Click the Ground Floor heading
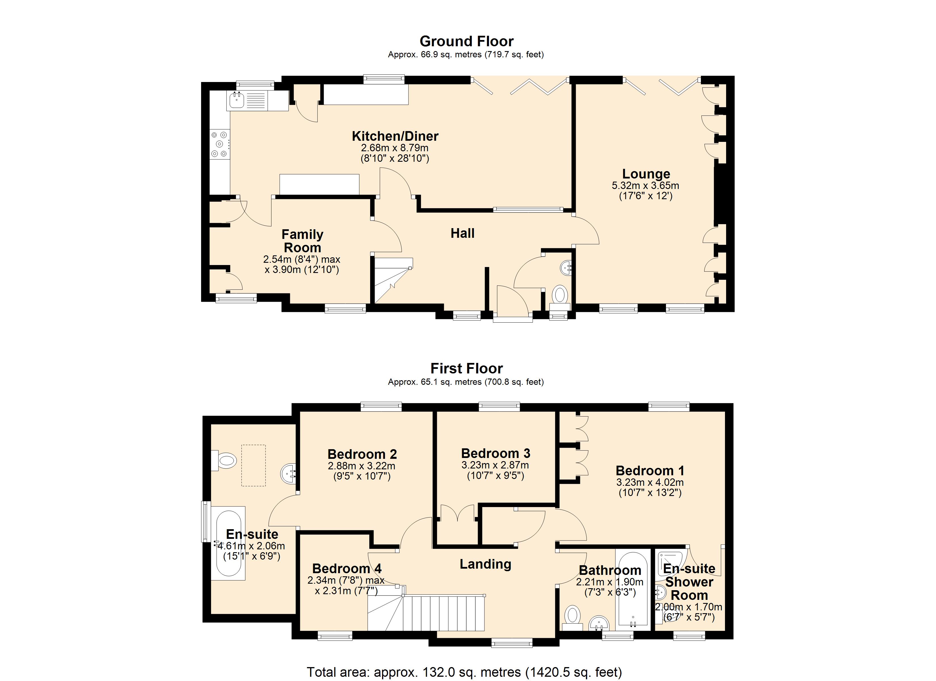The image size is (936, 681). pos(466,41)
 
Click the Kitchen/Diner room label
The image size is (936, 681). pos(395,136)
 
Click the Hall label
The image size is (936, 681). pos(462,233)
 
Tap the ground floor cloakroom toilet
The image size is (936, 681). pos(560,296)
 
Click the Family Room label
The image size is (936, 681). pos(302,241)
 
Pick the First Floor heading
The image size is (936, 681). pos(466,368)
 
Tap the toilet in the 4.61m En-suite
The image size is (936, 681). pos(225,460)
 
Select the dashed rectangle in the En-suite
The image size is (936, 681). pos(253,465)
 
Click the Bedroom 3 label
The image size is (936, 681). pos(495,453)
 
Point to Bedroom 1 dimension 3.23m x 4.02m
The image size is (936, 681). pos(650,482)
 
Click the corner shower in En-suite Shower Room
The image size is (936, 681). pos(671,562)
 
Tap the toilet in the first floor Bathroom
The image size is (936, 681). pos(572,616)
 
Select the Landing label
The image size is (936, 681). pos(485,564)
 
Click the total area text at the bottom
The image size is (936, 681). pos(464,672)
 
